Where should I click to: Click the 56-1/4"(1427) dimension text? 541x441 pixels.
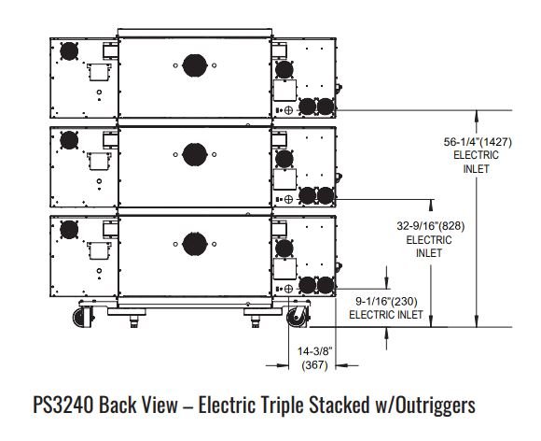tap(478, 142)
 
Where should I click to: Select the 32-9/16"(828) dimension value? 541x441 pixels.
tap(431, 226)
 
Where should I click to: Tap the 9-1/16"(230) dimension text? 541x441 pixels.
tap(386, 302)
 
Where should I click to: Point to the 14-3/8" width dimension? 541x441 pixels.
tap(315, 351)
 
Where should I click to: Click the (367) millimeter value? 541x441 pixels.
tap(314, 365)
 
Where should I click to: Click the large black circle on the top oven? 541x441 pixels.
tap(195, 65)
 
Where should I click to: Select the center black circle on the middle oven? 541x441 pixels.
tap(195, 154)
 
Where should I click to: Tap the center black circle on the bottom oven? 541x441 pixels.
tap(195, 244)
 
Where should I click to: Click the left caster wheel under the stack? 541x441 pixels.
tap(83, 316)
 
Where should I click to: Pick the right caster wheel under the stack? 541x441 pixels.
tap(297, 316)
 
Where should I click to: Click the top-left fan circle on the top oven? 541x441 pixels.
tap(69, 51)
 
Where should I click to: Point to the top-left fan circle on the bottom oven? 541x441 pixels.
tap(69, 230)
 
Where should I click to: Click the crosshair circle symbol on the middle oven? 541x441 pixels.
tap(289, 199)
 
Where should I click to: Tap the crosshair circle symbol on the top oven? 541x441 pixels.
tap(289, 110)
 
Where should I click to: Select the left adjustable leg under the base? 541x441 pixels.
tap(133, 321)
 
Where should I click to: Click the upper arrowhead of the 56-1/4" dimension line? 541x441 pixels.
tap(477, 116)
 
